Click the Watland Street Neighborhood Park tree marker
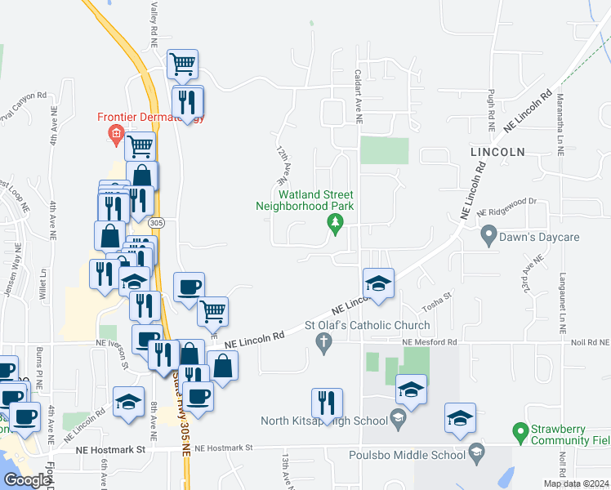click(x=334, y=222)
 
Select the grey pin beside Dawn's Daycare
click(x=489, y=237)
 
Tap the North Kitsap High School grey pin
click(x=398, y=421)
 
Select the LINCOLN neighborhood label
click(x=497, y=152)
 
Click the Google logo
click(x=26, y=480)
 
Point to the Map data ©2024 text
click(x=575, y=483)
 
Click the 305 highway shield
click(x=158, y=222)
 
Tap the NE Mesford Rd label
click(x=429, y=343)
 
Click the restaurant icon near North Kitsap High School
click(x=327, y=403)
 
